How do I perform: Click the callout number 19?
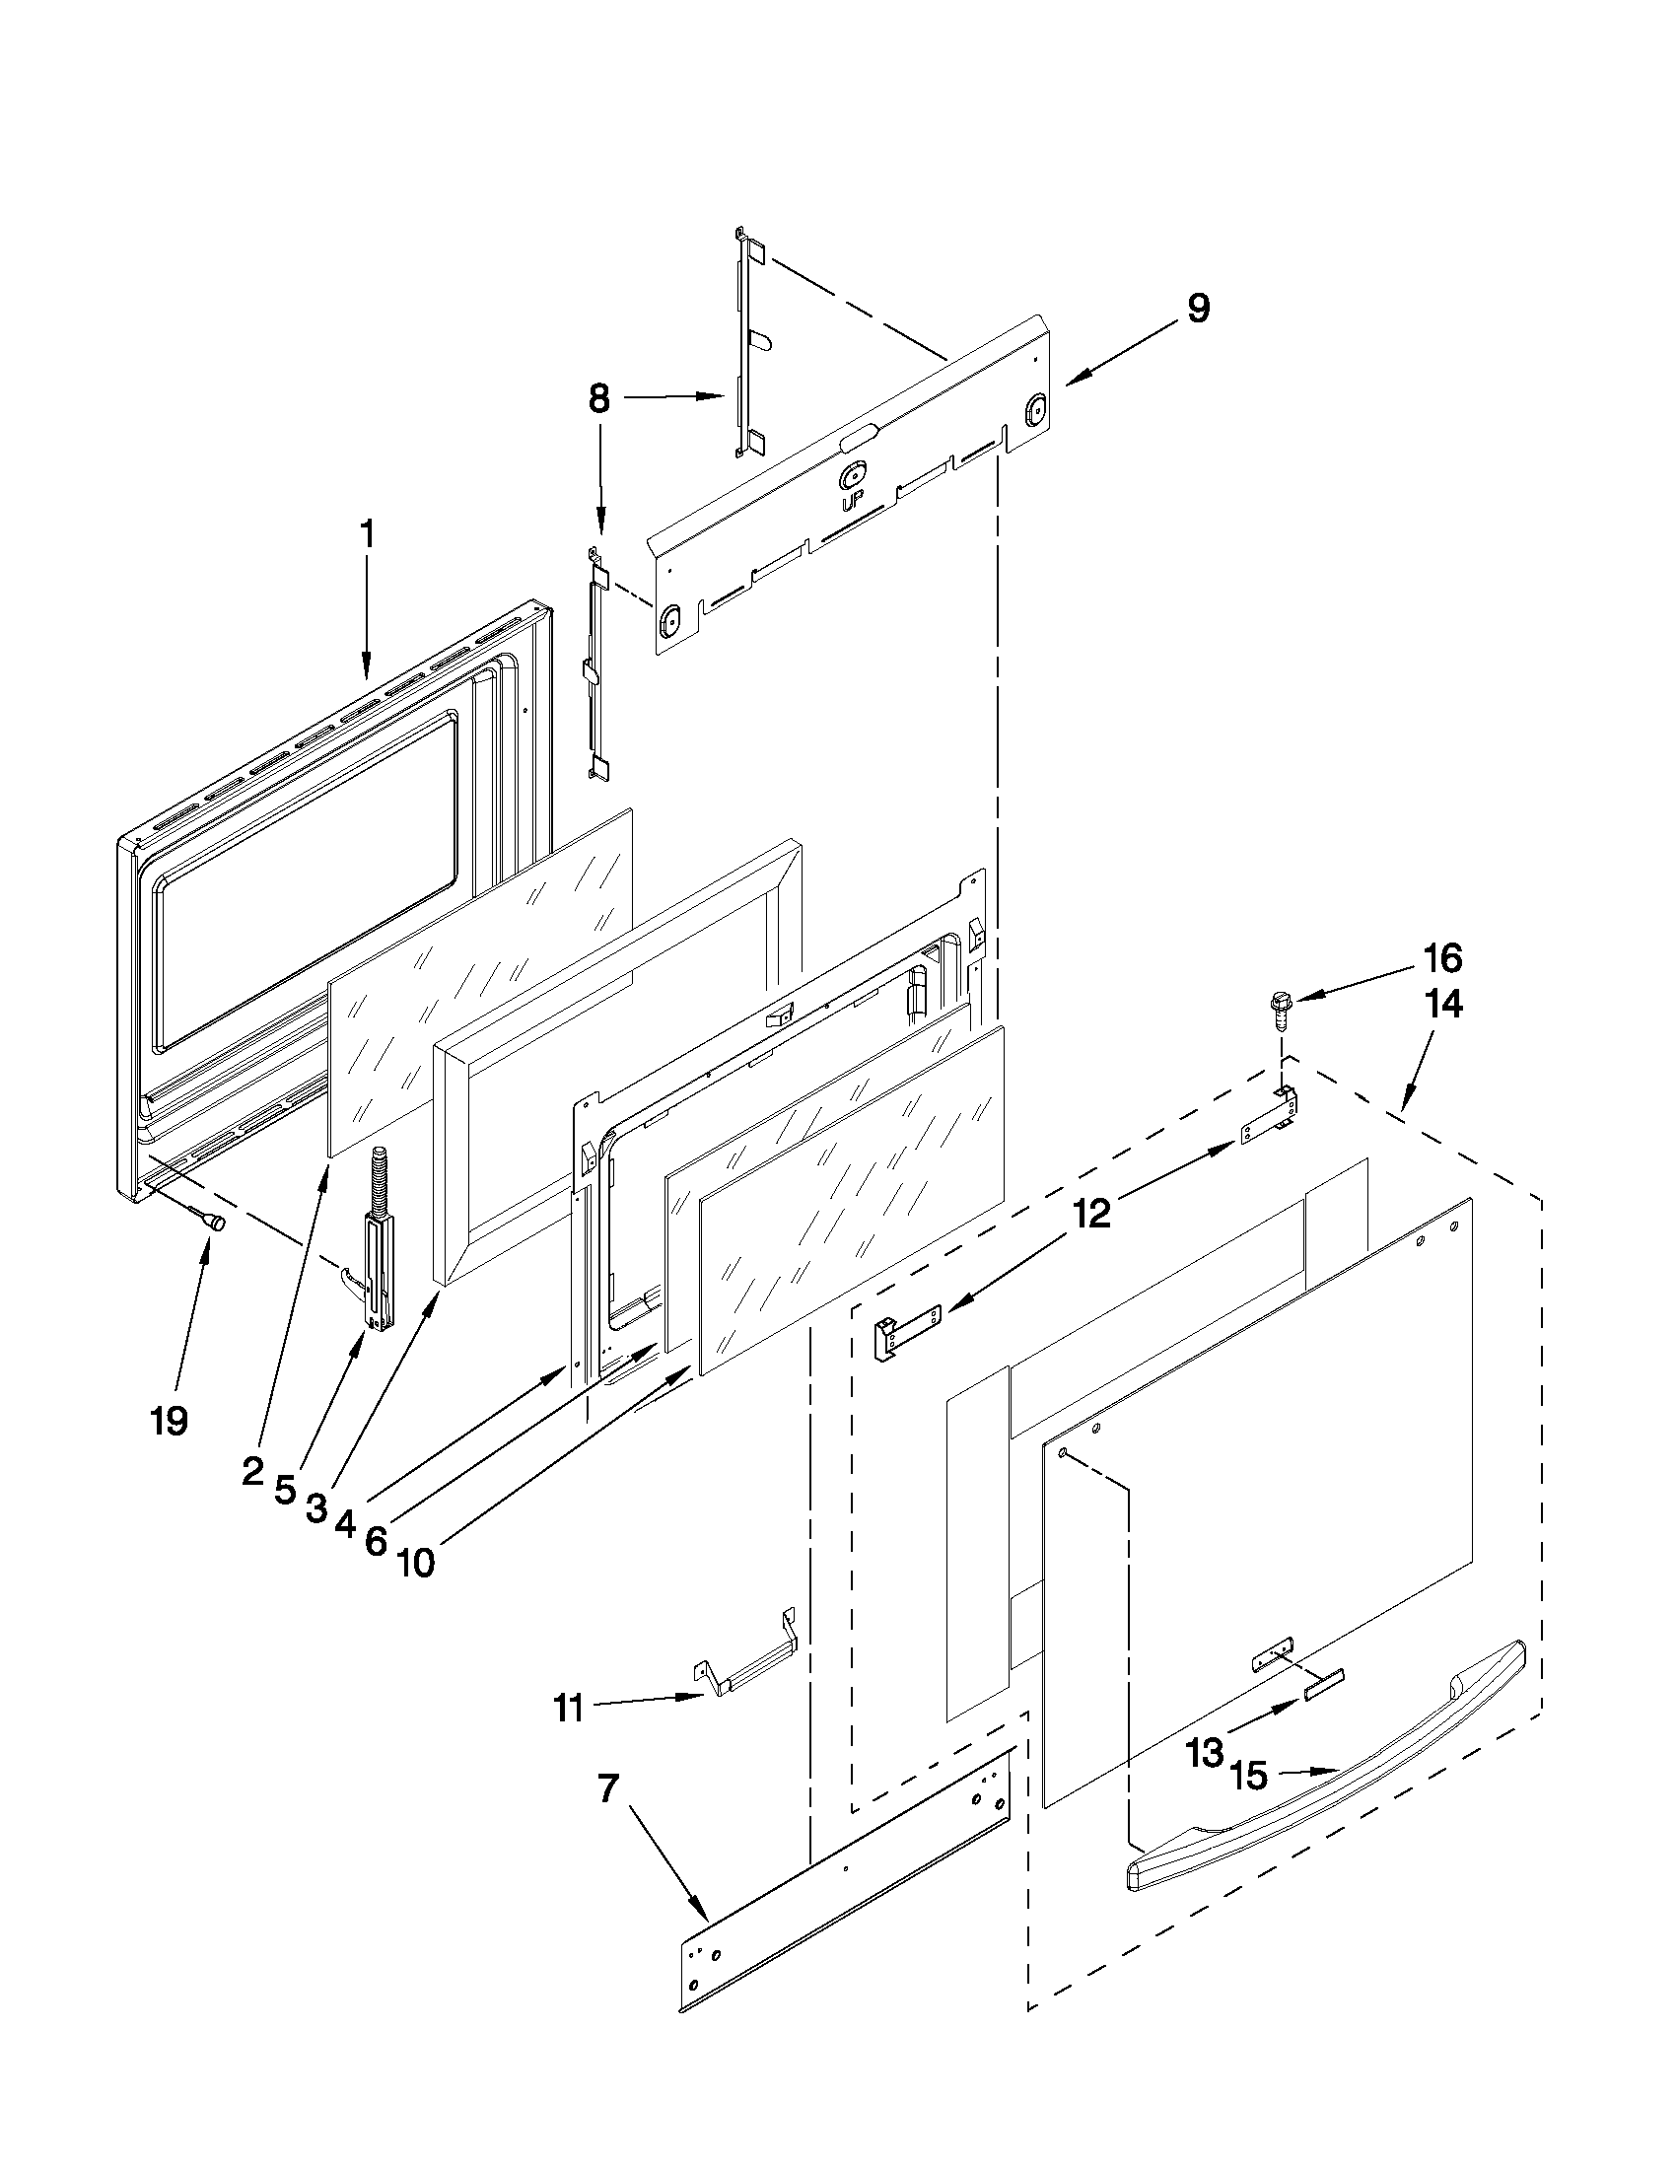coord(169,1422)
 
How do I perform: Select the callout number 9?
coord(1198,308)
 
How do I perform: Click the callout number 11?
coord(568,1711)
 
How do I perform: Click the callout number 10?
coord(417,1563)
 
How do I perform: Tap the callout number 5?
coord(285,1517)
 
